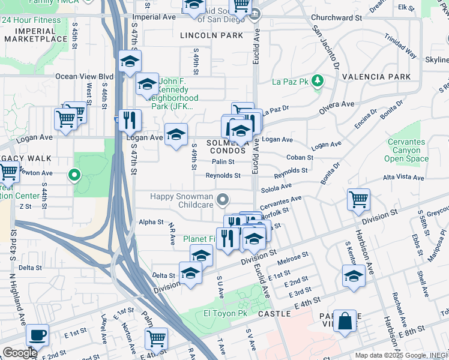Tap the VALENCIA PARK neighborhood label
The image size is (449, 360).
pyautogui.click(x=376, y=77)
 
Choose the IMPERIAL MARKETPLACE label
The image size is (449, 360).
pyautogui.click(x=36, y=34)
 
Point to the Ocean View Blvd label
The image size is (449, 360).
pyautogui.click(x=84, y=77)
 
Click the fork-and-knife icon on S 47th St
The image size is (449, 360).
pyautogui.click(x=130, y=120)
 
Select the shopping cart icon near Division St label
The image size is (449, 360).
pyautogui.click(x=358, y=199)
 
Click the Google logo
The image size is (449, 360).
pyautogui.click(x=19, y=353)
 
